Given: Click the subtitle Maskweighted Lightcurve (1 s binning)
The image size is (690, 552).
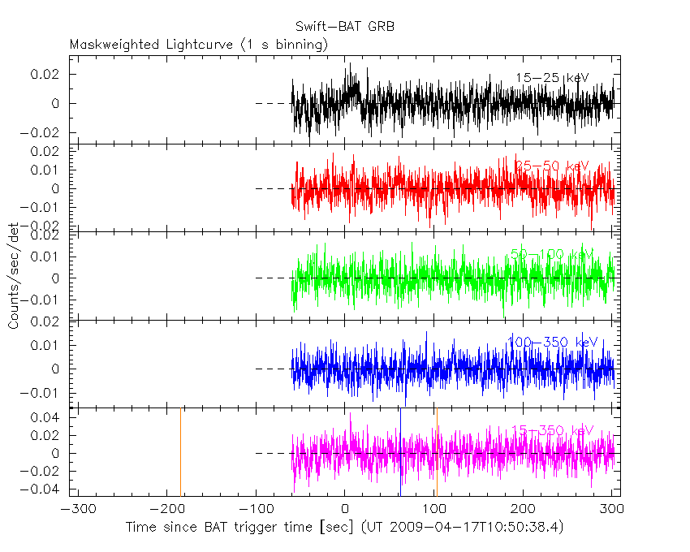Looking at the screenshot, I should pyautogui.click(x=199, y=45).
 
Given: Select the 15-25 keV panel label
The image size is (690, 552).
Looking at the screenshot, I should pyautogui.click(x=552, y=78).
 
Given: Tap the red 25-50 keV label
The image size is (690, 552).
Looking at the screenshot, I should pyautogui.click(x=552, y=166).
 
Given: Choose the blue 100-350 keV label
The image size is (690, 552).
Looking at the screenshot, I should pyautogui.click(x=552, y=343).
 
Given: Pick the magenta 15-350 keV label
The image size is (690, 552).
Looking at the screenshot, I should pyautogui.click(x=552, y=430).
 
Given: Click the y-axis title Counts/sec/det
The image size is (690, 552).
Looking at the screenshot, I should pyautogui.click(x=14, y=276).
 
